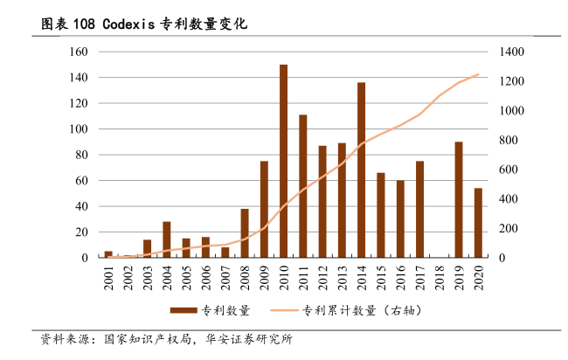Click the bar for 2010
coord(284,162)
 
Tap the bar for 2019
coord(458,200)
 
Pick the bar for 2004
coord(167,240)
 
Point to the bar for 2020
coord(477,223)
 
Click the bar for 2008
coord(245,233)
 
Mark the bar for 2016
coord(400,219)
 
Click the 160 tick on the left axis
coord(79,52)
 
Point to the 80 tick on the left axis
coord(81,156)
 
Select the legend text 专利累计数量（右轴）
coord(353,311)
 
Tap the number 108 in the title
coord(83,24)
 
